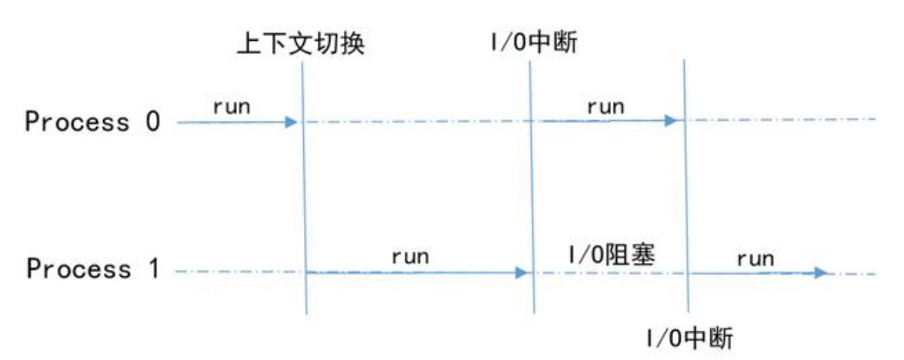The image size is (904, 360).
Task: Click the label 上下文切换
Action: click(301, 45)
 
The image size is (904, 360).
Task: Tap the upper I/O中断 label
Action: click(532, 44)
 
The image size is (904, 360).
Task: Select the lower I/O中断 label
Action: click(689, 339)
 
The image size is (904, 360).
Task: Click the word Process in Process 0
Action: click(77, 122)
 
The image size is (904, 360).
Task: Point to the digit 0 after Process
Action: click(152, 122)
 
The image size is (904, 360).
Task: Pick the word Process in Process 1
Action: click(78, 269)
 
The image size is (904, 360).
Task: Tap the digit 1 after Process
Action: click(152, 269)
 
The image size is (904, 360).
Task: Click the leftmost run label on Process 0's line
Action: click(232, 108)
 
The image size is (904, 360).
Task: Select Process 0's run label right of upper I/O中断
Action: click(605, 108)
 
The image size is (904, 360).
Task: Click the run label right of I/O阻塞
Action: click(755, 258)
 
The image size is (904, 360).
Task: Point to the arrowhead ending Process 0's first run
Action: click(291, 122)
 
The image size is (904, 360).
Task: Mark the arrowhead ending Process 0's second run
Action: click(670, 120)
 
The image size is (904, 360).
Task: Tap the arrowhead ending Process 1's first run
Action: click(521, 272)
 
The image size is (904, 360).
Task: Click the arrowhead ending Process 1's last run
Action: click(820, 273)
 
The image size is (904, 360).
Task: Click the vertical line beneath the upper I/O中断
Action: click(532, 186)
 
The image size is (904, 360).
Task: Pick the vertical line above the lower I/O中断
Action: click(686, 186)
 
